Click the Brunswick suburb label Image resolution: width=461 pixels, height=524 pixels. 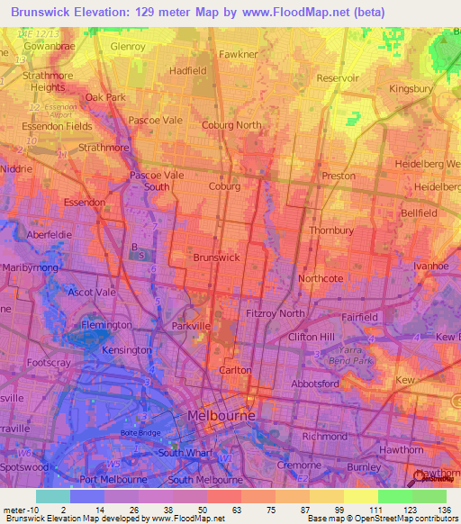click(x=216, y=257)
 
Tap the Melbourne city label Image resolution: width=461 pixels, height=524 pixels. click(x=221, y=415)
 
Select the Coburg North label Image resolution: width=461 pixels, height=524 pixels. click(x=231, y=125)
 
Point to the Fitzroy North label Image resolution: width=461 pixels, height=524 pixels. click(x=276, y=312)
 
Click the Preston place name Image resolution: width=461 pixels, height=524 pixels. click(x=339, y=176)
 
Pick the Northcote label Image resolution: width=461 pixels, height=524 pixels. click(x=321, y=278)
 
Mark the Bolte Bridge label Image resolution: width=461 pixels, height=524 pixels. click(x=139, y=432)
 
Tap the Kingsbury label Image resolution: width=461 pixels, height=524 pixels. click(x=411, y=89)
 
